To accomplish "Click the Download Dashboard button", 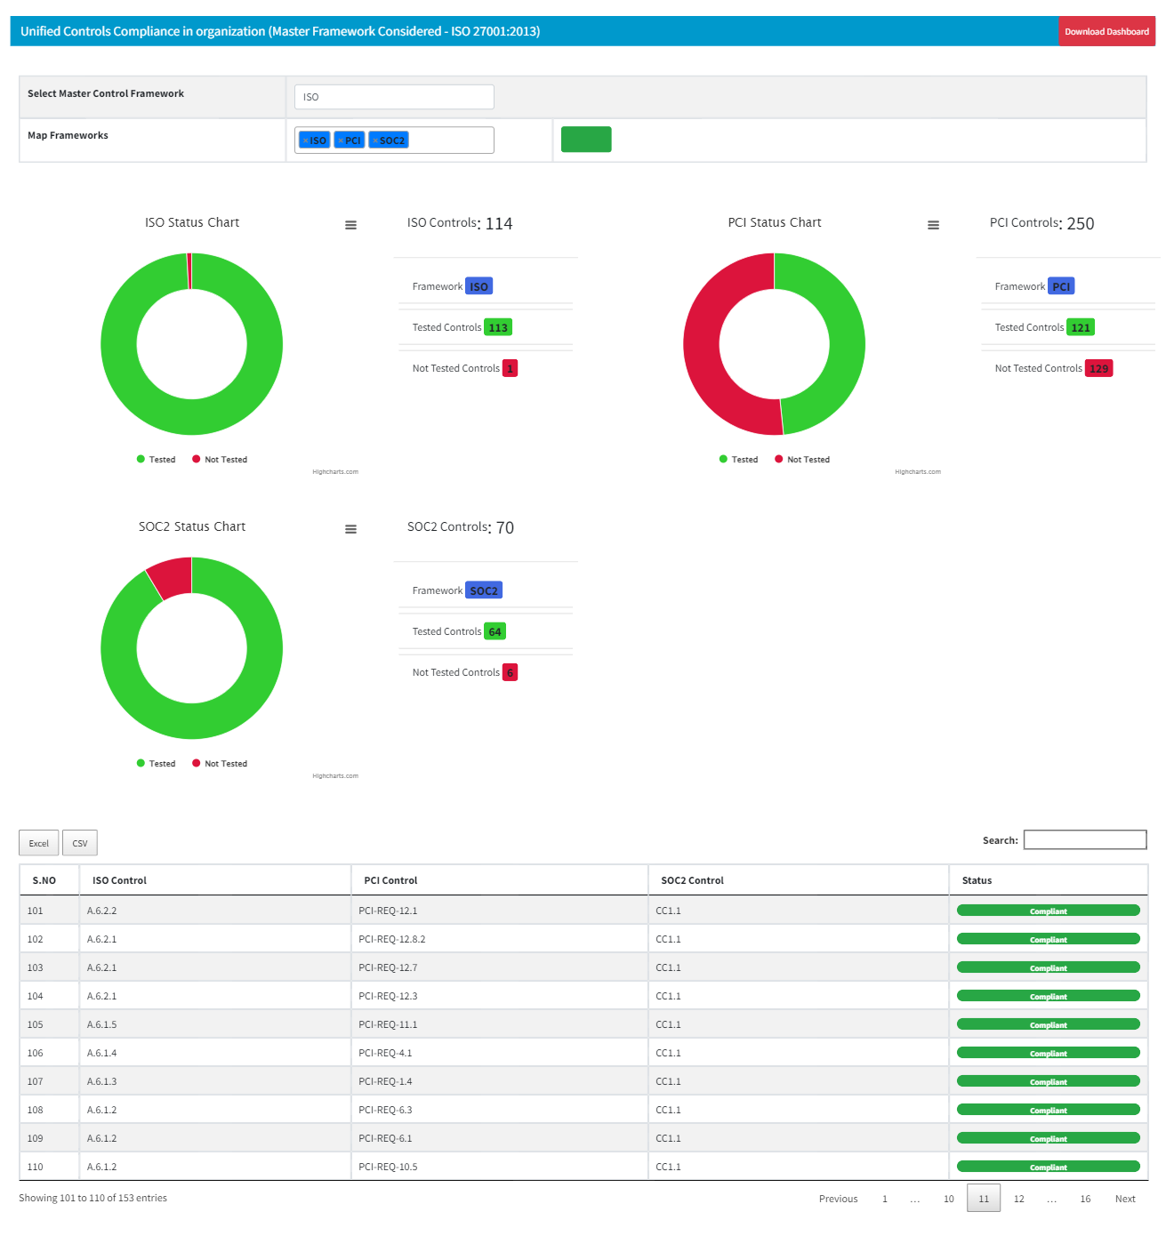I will (x=1106, y=31).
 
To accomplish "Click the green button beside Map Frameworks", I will (x=586, y=140).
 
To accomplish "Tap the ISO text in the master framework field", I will (x=311, y=97).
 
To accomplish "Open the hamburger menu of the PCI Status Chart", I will (x=933, y=225).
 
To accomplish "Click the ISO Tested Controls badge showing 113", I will (x=498, y=327).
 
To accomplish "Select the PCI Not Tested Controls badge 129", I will (x=1098, y=368).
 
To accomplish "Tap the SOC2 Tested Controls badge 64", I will (x=495, y=631).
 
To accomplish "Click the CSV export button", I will (x=80, y=843).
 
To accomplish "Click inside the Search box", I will (x=1084, y=840).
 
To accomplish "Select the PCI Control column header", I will (x=390, y=880).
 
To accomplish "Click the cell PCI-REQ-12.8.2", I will (x=392, y=939).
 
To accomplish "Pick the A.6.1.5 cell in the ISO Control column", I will (x=102, y=1024).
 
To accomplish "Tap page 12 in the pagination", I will (x=1018, y=1199).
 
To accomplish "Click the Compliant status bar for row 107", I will (x=1048, y=1081).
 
